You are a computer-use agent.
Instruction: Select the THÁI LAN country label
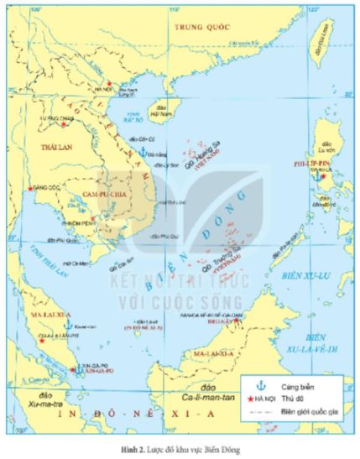[42, 147]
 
